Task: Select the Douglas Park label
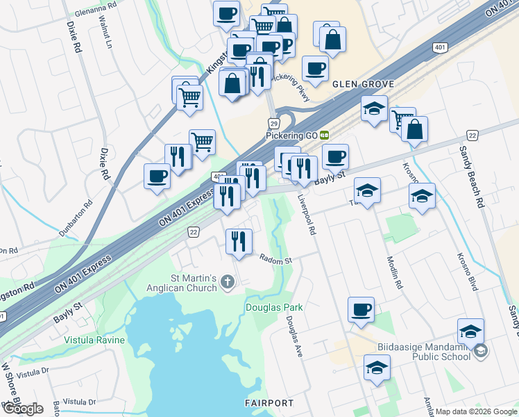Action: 274,306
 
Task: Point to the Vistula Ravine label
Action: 94,340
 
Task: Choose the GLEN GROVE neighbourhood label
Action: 363,84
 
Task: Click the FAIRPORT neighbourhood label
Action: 269,403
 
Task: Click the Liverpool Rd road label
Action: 307,214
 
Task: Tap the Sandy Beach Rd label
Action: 471,177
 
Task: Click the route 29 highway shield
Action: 275,122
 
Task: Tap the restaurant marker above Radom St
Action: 239,242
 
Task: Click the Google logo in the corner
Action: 22,409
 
